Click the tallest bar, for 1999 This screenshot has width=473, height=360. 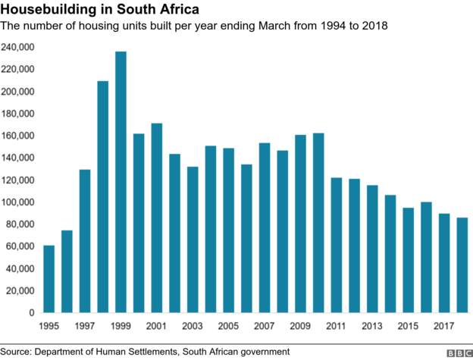point(121,182)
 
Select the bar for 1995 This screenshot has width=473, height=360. point(49,279)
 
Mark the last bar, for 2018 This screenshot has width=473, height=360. point(462,265)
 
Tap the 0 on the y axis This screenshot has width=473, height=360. point(31,313)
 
